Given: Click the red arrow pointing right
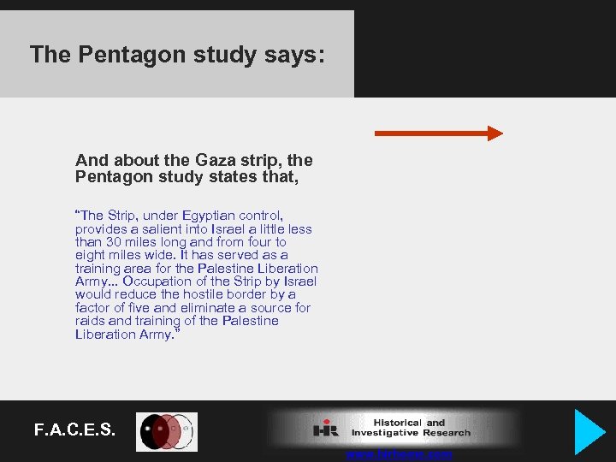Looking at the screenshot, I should [x=439, y=133].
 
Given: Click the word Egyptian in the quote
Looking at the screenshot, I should [x=206, y=216].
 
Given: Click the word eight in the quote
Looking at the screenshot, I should [x=90, y=255].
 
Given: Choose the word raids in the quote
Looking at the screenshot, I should [x=90, y=321].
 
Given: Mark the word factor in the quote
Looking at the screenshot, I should [x=92, y=308].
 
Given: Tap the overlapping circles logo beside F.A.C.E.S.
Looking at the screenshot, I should [x=168, y=432].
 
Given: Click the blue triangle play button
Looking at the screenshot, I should [x=589, y=431].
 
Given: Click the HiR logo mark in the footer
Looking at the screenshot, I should [x=326, y=429].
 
